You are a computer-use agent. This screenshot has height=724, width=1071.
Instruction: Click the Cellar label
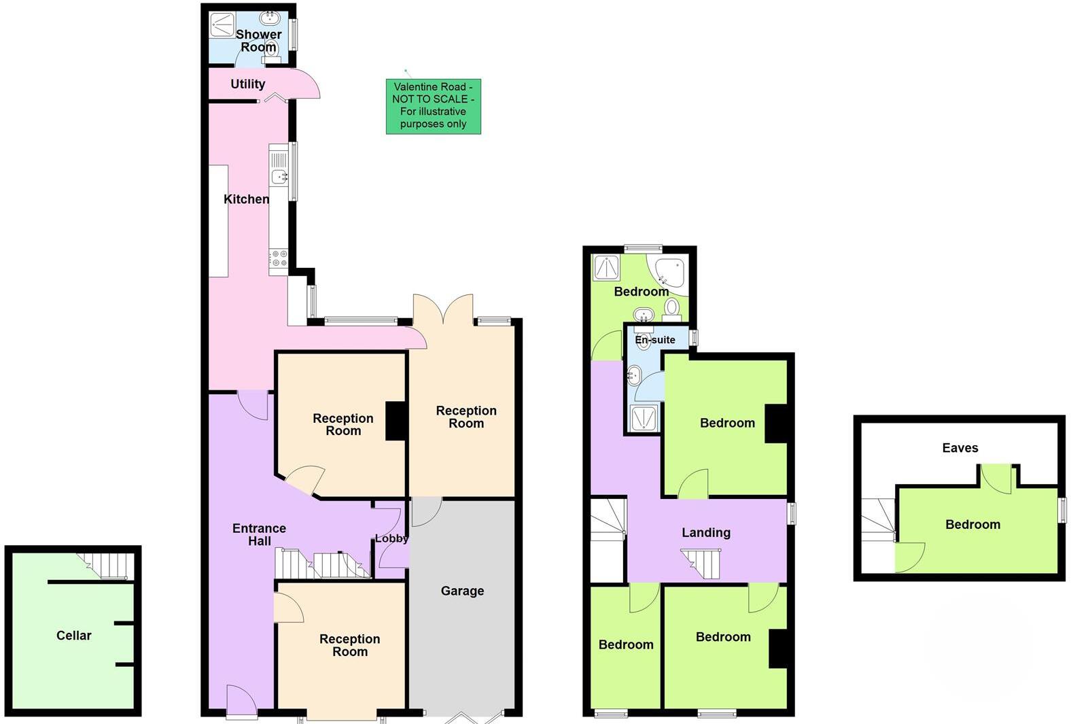point(73,636)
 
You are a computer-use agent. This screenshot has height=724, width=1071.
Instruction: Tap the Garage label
point(462,591)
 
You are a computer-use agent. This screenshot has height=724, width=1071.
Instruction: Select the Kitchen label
point(246,199)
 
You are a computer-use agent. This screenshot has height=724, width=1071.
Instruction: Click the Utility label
point(247,84)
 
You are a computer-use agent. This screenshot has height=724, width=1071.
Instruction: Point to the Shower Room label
point(258,41)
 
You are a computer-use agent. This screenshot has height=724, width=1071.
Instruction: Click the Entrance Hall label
point(259,534)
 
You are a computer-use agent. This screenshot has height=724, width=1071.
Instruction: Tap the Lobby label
point(391,538)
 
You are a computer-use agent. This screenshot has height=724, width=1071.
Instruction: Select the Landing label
point(706,532)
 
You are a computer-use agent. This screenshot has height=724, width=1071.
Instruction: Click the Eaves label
point(960,447)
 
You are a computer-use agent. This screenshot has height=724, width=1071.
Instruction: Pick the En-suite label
point(655,339)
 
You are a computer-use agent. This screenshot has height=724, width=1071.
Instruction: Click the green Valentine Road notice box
point(434,105)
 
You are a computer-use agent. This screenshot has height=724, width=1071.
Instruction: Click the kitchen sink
point(279,177)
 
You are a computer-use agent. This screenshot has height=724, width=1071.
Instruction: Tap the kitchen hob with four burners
point(279,259)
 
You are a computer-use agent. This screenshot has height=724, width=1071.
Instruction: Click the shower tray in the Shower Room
point(222,24)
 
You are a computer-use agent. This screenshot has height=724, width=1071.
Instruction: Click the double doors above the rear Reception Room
point(443,309)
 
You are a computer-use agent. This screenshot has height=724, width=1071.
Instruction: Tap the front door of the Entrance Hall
point(241,700)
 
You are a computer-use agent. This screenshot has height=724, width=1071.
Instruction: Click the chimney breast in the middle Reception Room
point(396,421)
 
